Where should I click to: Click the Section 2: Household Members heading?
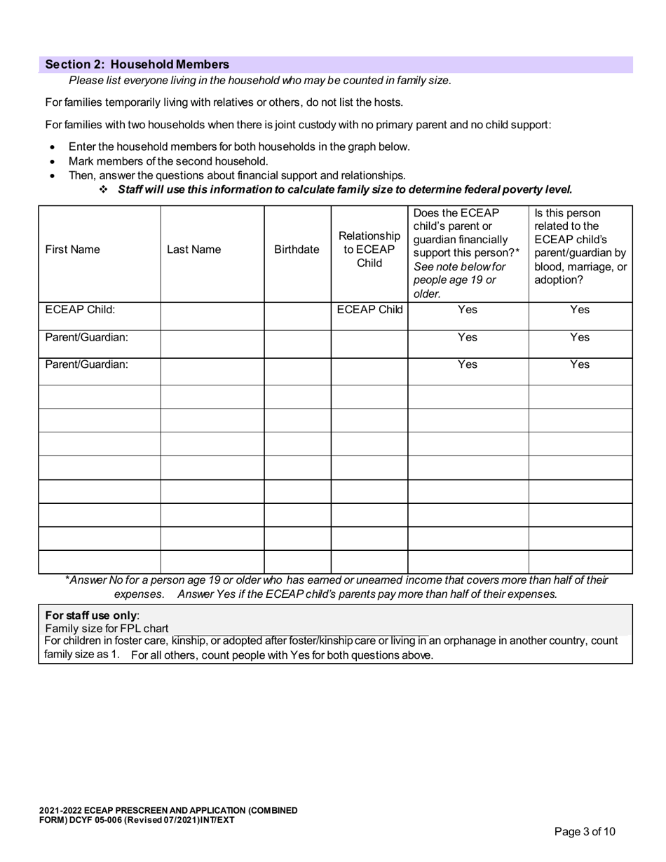click(137, 64)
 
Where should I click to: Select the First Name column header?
click(72, 249)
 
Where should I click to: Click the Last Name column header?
click(193, 249)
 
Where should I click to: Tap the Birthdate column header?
click(297, 249)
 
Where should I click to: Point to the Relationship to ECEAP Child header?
click(369, 249)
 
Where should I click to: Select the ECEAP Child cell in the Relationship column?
click(369, 310)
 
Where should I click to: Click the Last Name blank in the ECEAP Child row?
click(212, 316)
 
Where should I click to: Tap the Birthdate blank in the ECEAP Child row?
click(297, 316)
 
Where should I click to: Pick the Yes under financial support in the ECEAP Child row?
click(467, 310)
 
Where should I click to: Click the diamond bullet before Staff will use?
click(103, 189)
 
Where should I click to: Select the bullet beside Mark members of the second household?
click(53, 162)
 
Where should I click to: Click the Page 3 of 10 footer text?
click(585, 832)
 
